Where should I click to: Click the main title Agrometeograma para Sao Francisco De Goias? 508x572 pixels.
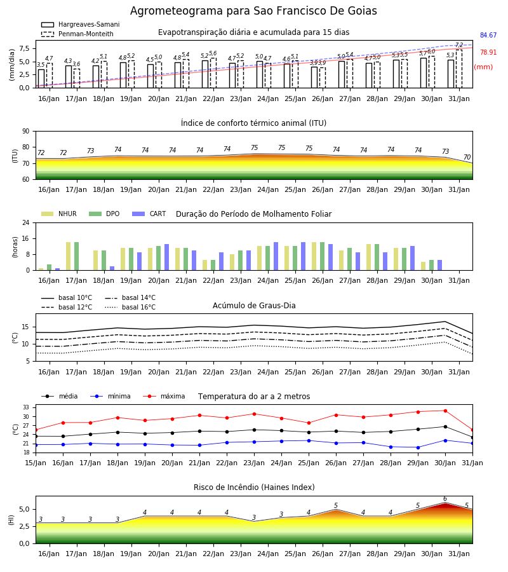click(x=253, y=11)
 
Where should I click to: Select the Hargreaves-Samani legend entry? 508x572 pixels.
click(x=80, y=24)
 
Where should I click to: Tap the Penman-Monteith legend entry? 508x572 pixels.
click(x=77, y=34)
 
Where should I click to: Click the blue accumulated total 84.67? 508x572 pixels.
click(x=488, y=35)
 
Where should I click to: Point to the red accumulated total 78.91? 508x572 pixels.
click(x=488, y=52)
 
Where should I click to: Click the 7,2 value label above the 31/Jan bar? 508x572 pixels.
click(x=459, y=45)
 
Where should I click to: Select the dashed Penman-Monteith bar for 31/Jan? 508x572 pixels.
click(x=459, y=69)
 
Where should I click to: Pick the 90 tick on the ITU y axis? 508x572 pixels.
click(x=26, y=132)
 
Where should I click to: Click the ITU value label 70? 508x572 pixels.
click(x=467, y=157)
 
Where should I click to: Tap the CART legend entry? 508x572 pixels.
click(x=149, y=214)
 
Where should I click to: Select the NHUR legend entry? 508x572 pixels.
click(x=59, y=214)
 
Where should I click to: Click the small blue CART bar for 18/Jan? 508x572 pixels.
click(x=112, y=268)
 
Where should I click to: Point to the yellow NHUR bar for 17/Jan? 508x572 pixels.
click(x=68, y=256)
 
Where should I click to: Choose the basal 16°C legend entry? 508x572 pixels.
click(x=130, y=307)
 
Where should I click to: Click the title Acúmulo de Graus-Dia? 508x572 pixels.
click(x=254, y=306)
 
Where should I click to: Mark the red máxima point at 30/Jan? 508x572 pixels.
click(x=445, y=411)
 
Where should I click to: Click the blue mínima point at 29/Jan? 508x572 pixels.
click(x=418, y=447)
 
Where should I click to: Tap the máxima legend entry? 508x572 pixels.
click(x=164, y=396)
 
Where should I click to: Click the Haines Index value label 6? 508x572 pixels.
click(x=445, y=499)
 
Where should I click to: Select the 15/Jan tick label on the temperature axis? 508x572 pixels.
click(x=36, y=463)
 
